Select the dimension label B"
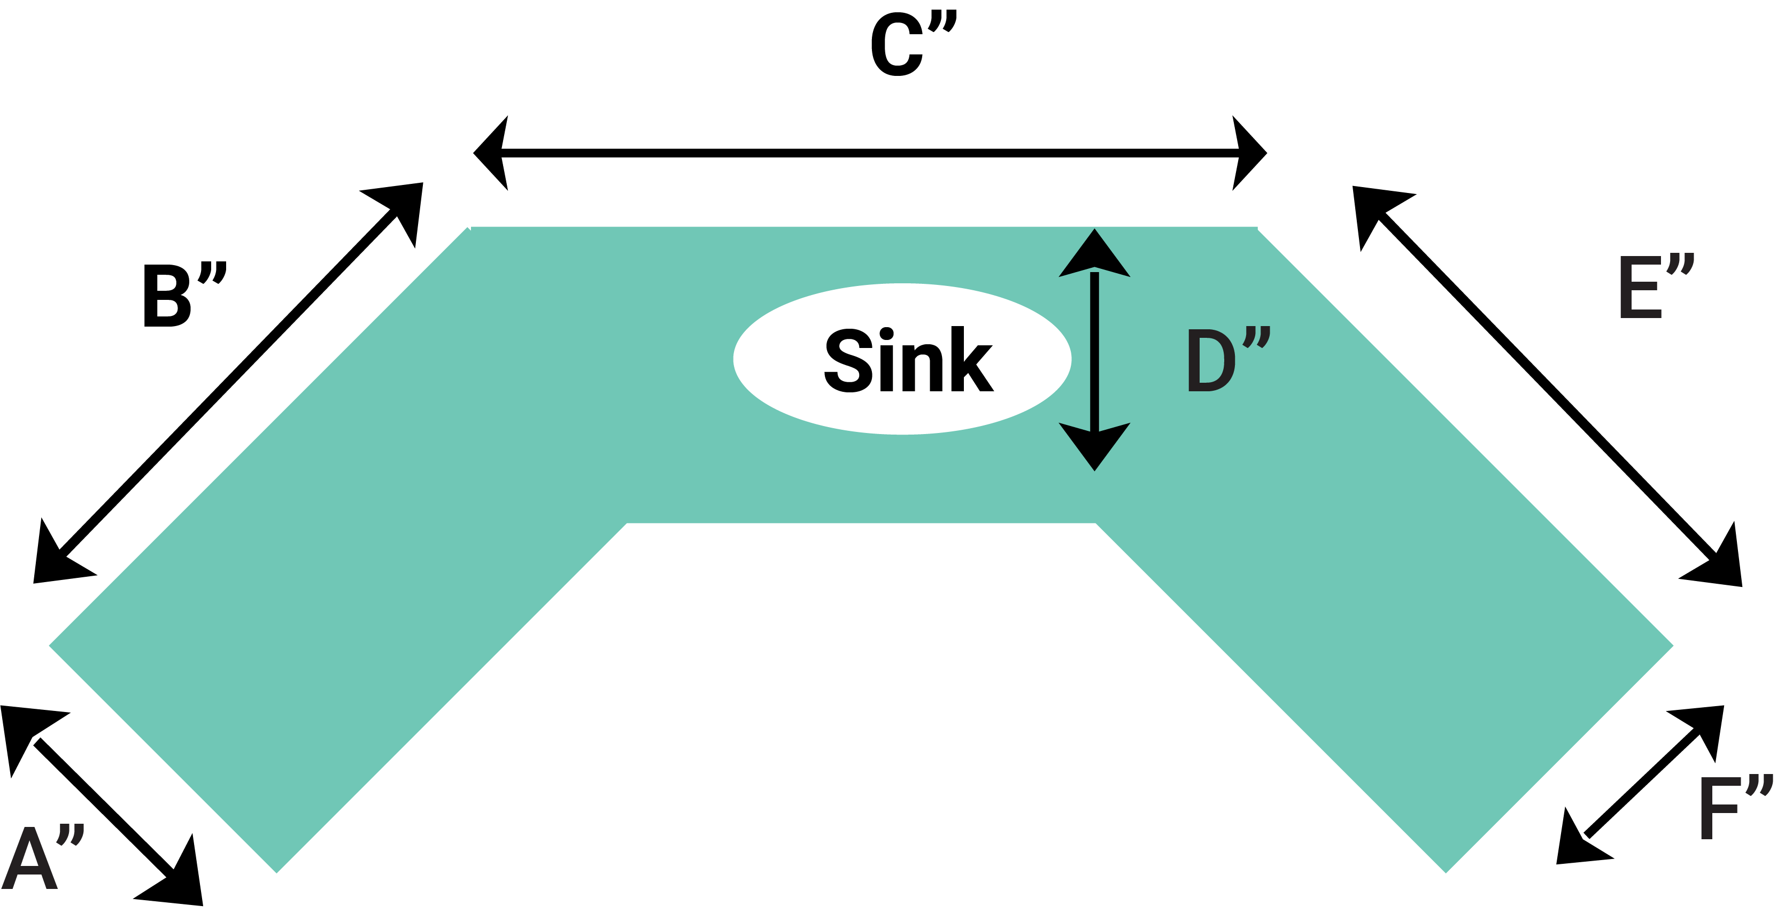point(183,295)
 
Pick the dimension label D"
point(1228,359)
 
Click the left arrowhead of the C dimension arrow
point(494,153)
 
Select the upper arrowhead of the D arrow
point(1094,255)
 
